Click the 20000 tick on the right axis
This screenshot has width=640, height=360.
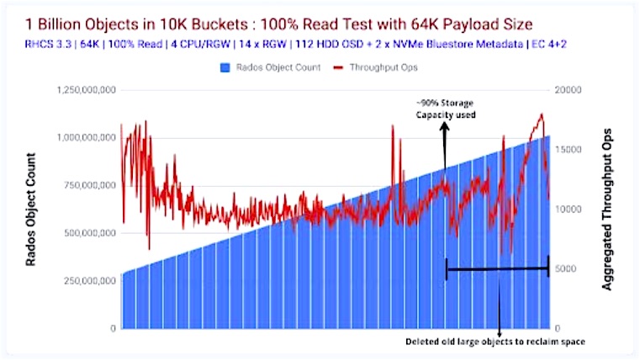[569, 88]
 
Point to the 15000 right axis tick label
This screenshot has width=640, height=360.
[569, 149]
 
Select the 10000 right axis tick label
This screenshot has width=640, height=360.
[569, 209]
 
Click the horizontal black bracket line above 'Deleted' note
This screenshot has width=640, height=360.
[497, 269]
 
